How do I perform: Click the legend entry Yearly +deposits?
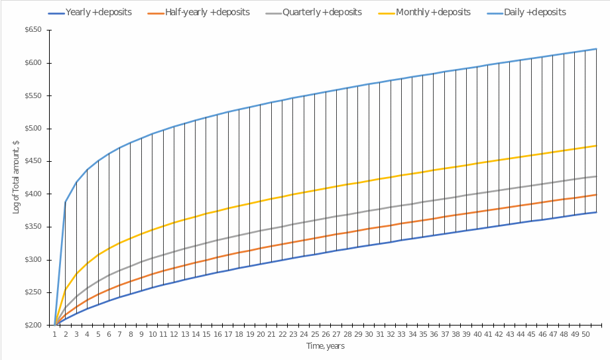click(99, 13)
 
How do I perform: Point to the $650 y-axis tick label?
click(32, 30)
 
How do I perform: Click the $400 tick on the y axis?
click(32, 194)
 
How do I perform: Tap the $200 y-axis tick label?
click(32, 326)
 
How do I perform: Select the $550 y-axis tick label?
click(32, 96)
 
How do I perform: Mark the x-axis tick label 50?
click(586, 335)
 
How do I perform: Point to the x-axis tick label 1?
click(54, 335)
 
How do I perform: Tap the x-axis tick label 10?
click(152, 335)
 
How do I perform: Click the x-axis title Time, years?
click(325, 346)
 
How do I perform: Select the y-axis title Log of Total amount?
click(16, 178)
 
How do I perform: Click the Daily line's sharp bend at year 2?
click(66, 202)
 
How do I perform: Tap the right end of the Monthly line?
click(597, 145)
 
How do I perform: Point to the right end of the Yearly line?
click(597, 212)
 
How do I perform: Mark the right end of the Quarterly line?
click(597, 176)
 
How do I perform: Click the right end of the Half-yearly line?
click(597, 194)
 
